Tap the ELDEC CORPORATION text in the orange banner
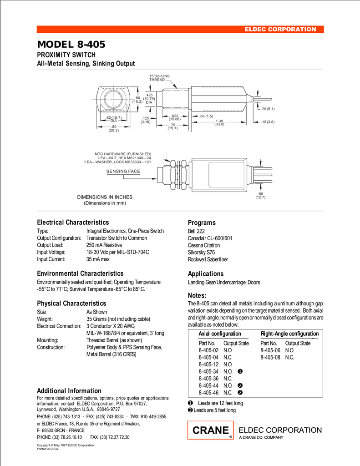tap(280, 30)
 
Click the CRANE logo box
tap(211, 431)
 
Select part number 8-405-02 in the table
tap(209, 350)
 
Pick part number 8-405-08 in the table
tap(270, 358)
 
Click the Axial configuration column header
tap(220, 334)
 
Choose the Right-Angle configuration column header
tap(289, 334)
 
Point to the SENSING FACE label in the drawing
tap(123, 171)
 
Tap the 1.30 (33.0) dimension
tap(219, 122)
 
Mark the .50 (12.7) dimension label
tap(261, 196)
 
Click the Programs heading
tap(202, 223)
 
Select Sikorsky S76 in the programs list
tap(202, 252)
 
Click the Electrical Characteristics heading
tap(73, 223)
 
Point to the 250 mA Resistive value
tap(104, 245)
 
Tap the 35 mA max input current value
tap(98, 259)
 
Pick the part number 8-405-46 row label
tap(209, 393)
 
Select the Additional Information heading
tap(69, 391)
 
